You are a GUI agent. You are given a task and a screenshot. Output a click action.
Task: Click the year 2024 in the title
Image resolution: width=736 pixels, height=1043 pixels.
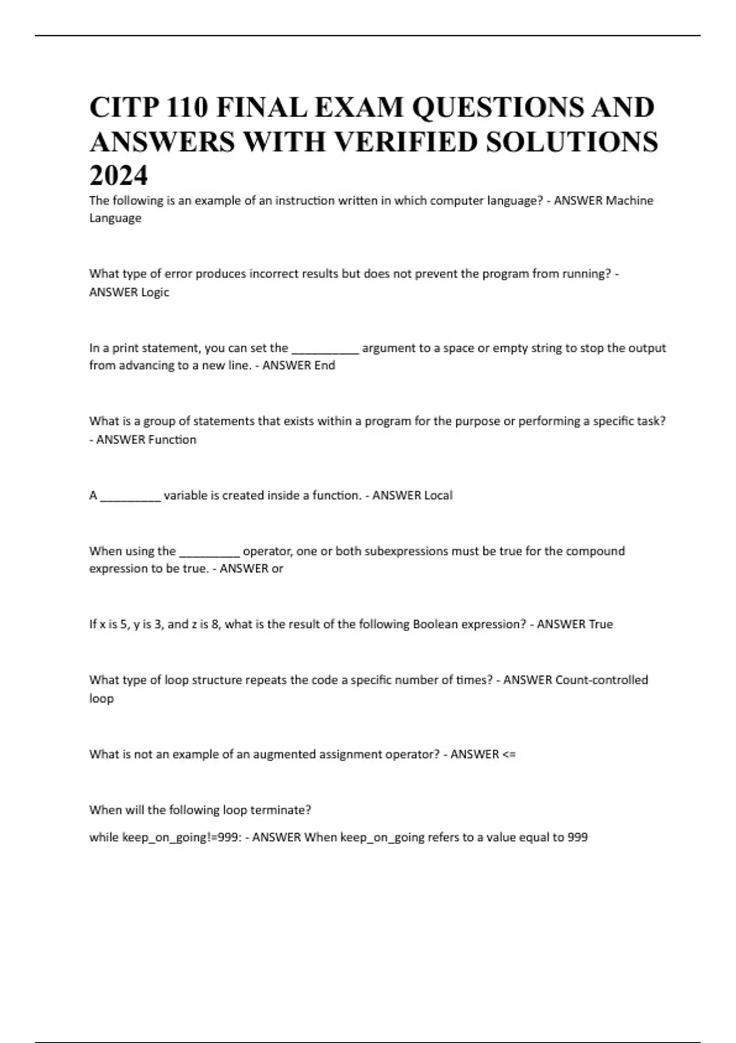pos(118,176)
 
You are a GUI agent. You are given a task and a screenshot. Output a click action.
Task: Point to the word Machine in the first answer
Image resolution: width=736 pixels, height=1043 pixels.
pos(629,201)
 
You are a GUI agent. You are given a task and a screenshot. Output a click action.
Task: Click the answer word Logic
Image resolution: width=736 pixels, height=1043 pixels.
pos(155,292)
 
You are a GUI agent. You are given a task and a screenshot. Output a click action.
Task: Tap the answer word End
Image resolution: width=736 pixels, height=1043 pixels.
pos(324,366)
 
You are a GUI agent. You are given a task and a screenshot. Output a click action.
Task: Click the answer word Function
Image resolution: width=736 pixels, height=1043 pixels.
pos(172,439)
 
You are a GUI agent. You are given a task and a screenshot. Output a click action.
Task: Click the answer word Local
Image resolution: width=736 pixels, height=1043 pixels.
pos(438,495)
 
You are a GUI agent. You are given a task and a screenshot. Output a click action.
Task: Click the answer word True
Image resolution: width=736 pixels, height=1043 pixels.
pos(600,624)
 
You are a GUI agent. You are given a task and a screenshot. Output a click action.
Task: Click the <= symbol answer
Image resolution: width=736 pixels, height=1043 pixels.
pos(509,754)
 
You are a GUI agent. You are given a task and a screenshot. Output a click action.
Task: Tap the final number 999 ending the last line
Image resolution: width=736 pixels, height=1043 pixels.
pos(577,837)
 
